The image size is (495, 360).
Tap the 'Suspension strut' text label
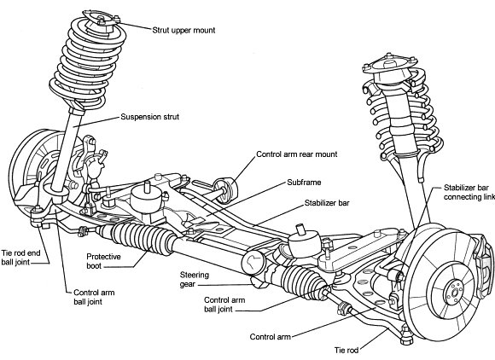coord(155,117)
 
